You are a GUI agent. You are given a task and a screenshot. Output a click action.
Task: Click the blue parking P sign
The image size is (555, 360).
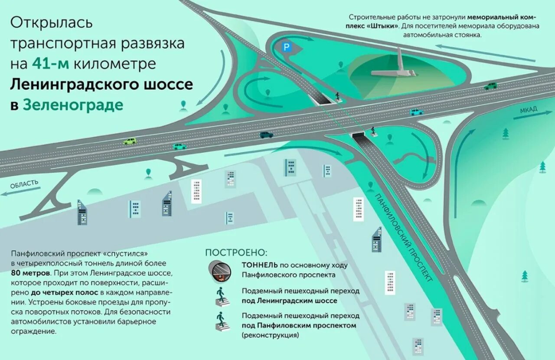[287, 47]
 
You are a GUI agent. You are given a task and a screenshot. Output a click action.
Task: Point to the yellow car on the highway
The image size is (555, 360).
[130, 141]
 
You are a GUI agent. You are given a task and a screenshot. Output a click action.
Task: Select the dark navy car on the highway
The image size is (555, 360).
[266, 134]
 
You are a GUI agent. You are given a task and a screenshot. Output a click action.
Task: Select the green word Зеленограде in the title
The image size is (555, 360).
[73, 105]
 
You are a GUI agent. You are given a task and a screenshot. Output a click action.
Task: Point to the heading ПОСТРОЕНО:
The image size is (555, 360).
[236, 252]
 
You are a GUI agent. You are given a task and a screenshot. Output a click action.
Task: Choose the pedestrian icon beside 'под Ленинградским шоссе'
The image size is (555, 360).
[221, 296]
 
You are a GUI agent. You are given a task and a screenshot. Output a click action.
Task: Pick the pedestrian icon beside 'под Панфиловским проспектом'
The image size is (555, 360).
[221, 321]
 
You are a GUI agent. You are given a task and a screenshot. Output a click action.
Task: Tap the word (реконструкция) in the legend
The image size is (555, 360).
[270, 335]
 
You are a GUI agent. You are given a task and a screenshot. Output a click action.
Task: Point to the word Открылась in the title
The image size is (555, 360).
[52, 23]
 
